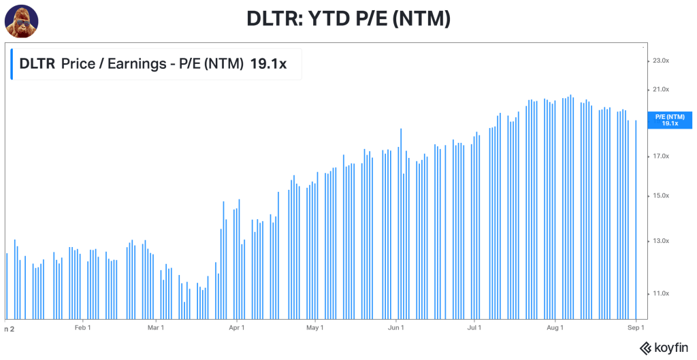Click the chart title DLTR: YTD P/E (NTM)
pos(348,18)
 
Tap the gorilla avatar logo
pos(21,20)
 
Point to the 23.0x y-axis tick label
pos(660,61)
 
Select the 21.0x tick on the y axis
pos(660,89)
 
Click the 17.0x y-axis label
pos(660,157)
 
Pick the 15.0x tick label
pos(660,196)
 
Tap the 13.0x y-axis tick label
pos(660,241)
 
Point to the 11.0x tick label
pos(660,293)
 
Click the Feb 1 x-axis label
pos(82,328)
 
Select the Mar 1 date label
pos(156,328)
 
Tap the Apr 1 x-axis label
pos(237,328)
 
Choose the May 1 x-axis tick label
pos(314,328)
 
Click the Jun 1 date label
pos(395,328)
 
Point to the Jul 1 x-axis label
pos(474,328)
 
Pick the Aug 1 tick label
pos(555,328)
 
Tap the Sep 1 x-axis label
pos(636,328)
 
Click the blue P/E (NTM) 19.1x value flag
pos(670,120)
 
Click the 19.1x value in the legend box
pos(268,64)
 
